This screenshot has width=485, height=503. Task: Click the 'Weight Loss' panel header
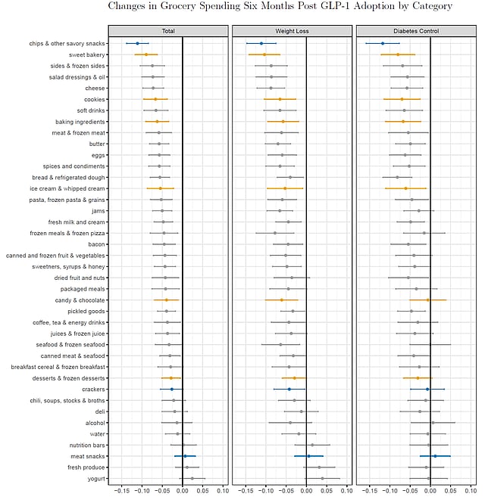[x=292, y=31]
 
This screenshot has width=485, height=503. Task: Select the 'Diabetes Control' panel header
[x=416, y=31]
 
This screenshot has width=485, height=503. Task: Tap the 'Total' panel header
[x=168, y=31]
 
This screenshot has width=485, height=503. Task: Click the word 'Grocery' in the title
[x=178, y=6]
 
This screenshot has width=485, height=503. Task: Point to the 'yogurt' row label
[x=96, y=479]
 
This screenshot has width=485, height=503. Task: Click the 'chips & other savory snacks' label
[x=67, y=43]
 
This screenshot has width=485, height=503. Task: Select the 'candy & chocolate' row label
[x=80, y=300]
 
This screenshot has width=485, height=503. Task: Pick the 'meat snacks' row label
[x=88, y=456]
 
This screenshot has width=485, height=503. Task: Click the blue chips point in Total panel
[x=138, y=43]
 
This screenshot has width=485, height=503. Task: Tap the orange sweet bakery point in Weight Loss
[x=264, y=54]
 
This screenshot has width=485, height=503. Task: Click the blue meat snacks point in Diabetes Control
[x=435, y=456]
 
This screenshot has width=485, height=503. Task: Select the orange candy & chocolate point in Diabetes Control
[x=428, y=300]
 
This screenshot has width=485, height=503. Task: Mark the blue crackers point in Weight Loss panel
[x=289, y=389]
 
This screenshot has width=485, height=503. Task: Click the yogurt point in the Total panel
[x=192, y=478]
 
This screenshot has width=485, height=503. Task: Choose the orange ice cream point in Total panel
[x=161, y=188]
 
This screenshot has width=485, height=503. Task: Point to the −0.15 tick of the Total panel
[x=121, y=491]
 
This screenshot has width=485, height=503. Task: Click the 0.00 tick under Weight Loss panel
[x=306, y=491]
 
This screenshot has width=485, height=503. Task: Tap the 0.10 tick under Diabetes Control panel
[x=471, y=491]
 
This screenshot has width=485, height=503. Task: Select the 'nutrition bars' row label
[x=87, y=446]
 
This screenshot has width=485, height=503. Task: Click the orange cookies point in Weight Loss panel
[x=280, y=99]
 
